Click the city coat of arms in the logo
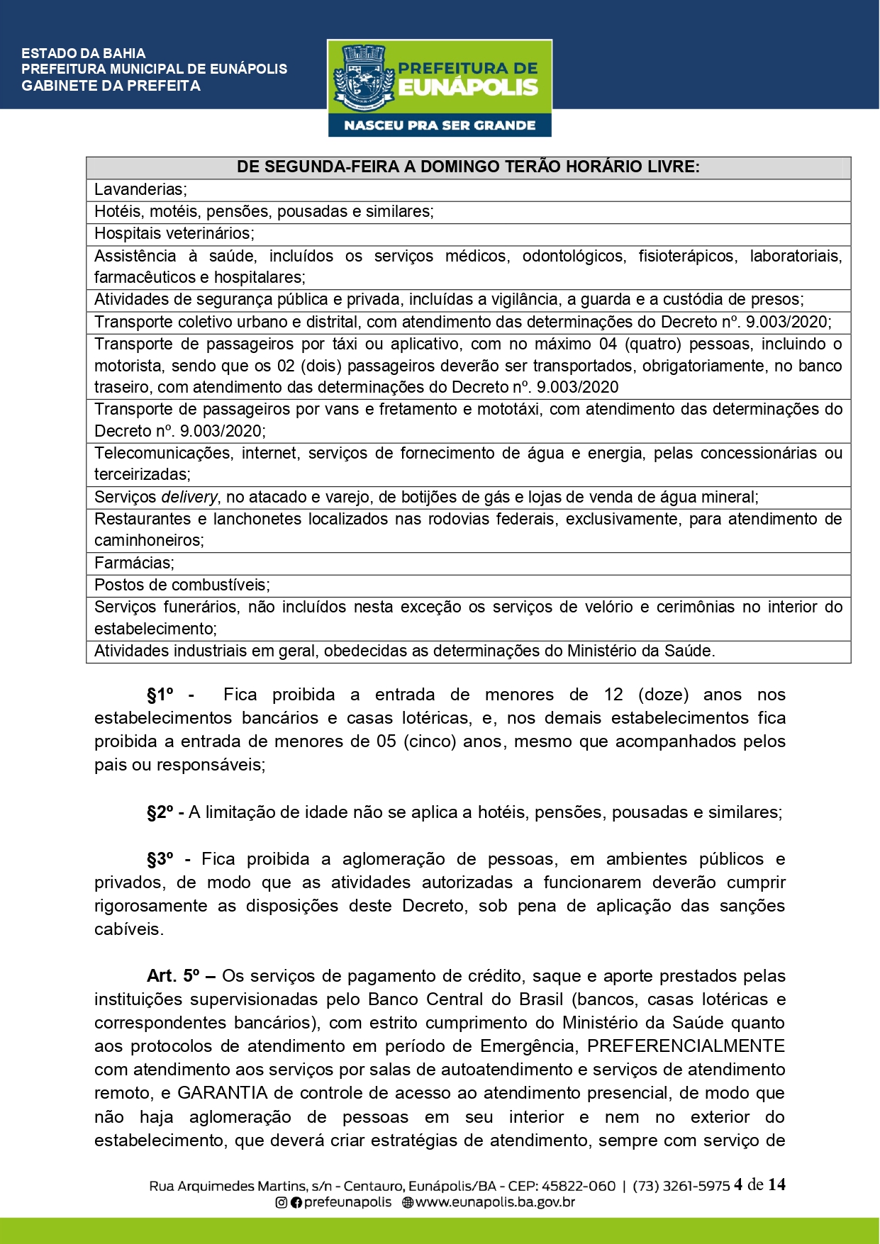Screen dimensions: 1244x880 pyautogui.click(x=363, y=77)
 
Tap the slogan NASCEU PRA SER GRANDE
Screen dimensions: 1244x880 pyautogui.click(x=440, y=125)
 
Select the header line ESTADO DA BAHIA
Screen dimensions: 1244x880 pyautogui.click(x=84, y=53)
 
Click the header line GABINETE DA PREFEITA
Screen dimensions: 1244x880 pyautogui.click(x=111, y=86)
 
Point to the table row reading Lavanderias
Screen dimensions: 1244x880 pyautogui.click(x=140, y=190)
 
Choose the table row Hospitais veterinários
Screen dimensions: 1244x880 pyautogui.click(x=174, y=234)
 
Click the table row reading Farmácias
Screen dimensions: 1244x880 pyautogui.click(x=134, y=564)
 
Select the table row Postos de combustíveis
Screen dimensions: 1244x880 pyautogui.click(x=182, y=585)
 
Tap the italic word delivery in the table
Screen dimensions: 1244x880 pyautogui.click(x=189, y=498)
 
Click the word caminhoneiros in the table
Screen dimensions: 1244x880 pyautogui.click(x=149, y=541)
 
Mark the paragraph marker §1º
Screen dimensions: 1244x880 pyautogui.click(x=160, y=695)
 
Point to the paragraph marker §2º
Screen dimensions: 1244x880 pyautogui.click(x=160, y=813)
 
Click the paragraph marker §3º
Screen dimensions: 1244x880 pyautogui.click(x=160, y=860)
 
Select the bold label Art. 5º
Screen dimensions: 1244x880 pyautogui.click(x=173, y=977)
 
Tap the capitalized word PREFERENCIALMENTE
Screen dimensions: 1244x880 pyautogui.click(x=686, y=1047)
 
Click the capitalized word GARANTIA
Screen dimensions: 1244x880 pyautogui.click(x=222, y=1094)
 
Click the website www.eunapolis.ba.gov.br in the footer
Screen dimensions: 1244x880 pyautogui.click(x=494, y=1203)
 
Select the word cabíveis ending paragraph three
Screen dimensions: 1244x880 pyautogui.click(x=128, y=930)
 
